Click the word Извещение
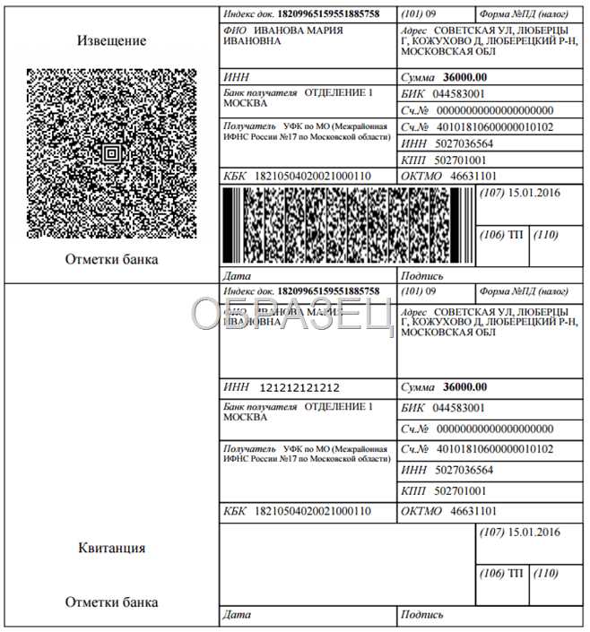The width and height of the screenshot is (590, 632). tap(111, 41)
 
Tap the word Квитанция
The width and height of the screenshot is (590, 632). tap(111, 549)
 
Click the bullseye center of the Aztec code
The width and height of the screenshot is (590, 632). tap(111, 153)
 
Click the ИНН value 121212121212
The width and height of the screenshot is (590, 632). tap(299, 388)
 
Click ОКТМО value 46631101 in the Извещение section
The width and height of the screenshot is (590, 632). tap(473, 176)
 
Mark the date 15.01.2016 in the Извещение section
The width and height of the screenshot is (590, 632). tap(533, 194)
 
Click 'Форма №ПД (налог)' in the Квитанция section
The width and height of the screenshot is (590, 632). tap(524, 291)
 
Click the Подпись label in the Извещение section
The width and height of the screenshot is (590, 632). tap(423, 276)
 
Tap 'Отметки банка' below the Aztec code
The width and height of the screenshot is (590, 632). tap(111, 259)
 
